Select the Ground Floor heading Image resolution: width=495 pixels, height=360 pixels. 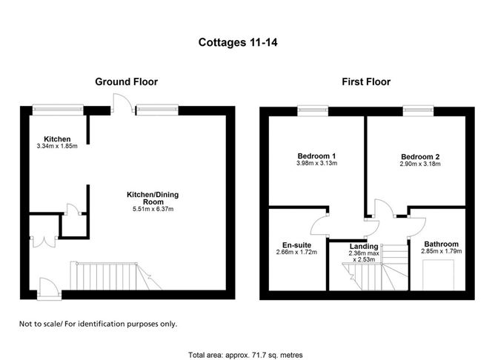126,82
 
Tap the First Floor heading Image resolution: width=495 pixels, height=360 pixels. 366,82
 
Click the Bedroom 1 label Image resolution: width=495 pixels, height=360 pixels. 316,156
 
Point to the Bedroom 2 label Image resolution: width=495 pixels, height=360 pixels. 420,156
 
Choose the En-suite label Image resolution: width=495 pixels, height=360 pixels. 296,244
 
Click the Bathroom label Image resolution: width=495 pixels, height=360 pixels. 441,244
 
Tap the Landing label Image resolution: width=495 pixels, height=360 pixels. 365,247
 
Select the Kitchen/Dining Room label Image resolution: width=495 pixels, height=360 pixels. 153,198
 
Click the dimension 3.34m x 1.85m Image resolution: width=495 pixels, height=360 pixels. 57,146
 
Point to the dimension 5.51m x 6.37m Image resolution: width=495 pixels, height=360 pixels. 153,209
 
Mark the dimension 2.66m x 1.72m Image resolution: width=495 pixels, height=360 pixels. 296,253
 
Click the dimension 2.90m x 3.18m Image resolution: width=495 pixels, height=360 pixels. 420,164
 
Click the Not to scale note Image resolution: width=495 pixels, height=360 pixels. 98,324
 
